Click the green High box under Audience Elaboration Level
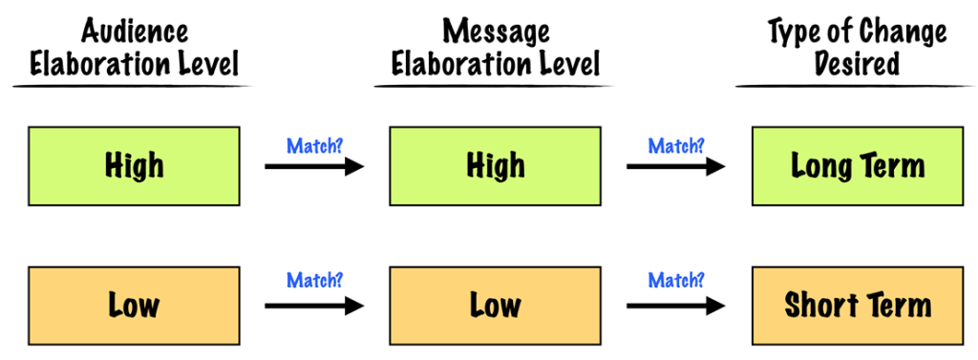134,165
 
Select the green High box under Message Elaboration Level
495,165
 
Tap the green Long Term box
857,165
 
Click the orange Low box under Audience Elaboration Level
134,306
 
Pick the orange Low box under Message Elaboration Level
495,306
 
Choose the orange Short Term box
857,306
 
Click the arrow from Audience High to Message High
314,167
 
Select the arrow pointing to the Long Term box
675,167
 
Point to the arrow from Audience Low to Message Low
314,307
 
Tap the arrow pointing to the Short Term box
675,307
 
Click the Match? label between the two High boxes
314,146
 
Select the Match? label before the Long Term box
676,146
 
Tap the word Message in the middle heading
495,32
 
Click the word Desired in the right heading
857,63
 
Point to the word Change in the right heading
897,32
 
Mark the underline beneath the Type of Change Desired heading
856,87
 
